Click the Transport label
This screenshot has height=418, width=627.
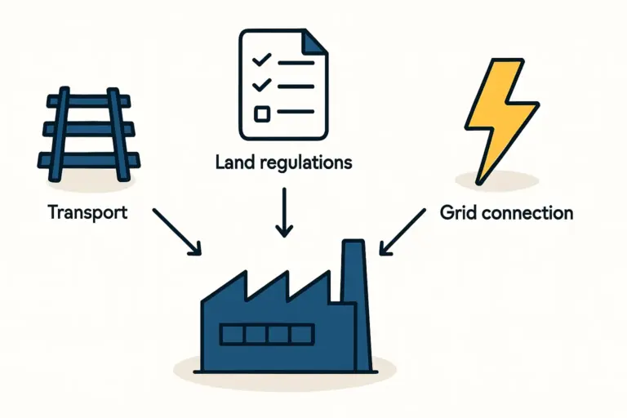87,213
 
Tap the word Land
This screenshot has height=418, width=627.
232,162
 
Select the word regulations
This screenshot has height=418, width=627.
302,163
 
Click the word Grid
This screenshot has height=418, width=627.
456,213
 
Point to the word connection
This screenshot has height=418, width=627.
526,213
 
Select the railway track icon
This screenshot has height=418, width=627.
91,131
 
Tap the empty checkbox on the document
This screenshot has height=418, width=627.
261,113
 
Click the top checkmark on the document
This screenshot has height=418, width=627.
261,60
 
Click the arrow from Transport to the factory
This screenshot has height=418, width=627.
177,230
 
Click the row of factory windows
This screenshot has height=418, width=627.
266,335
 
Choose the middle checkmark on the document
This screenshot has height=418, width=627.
261,85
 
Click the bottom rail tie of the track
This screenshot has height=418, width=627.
91,158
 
